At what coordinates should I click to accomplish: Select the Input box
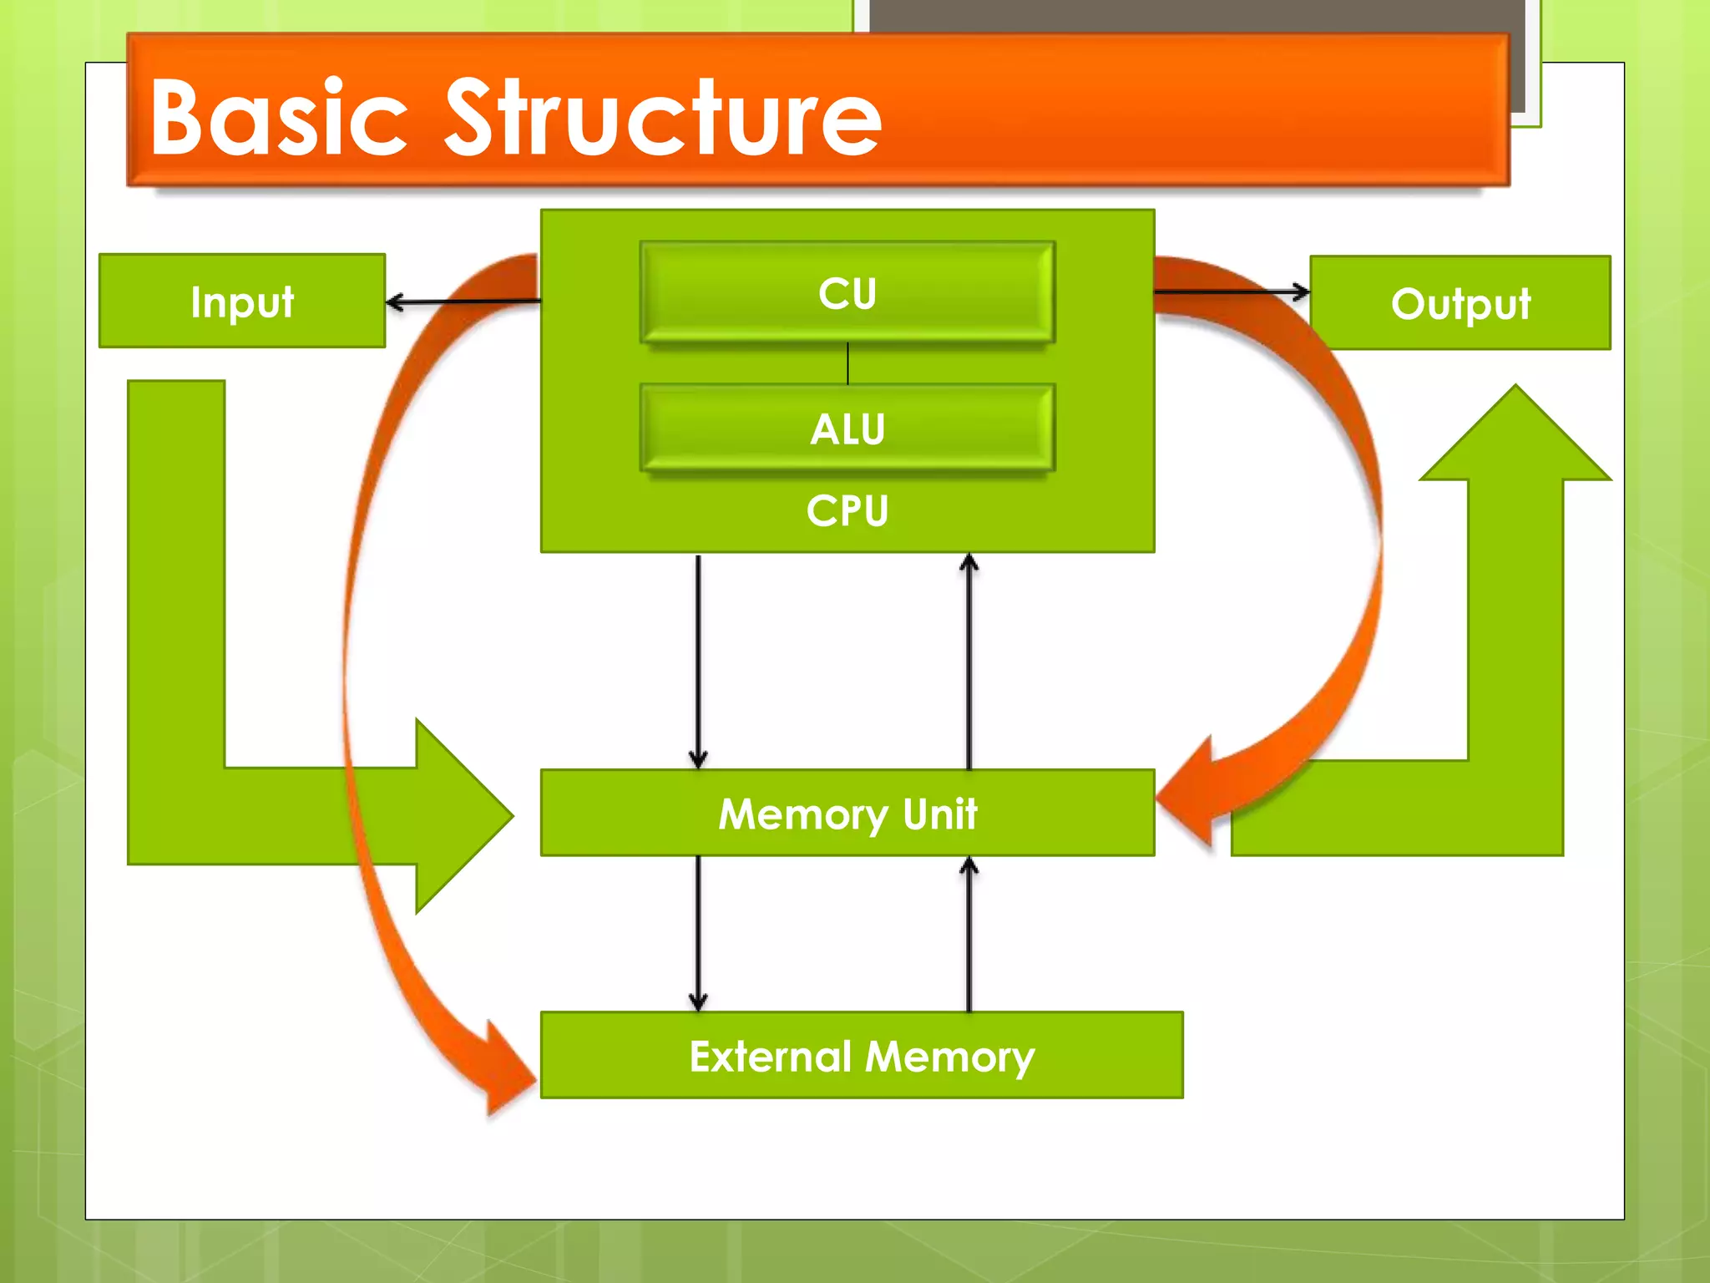(x=242, y=301)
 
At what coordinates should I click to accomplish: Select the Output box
(x=1460, y=302)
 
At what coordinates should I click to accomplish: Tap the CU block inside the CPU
(x=847, y=292)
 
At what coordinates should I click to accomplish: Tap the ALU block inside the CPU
(x=847, y=428)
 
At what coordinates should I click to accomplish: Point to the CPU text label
(x=847, y=510)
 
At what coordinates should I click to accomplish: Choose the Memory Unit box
(x=847, y=813)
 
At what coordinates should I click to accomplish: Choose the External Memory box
(x=862, y=1055)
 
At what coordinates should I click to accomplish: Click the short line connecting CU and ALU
(x=847, y=363)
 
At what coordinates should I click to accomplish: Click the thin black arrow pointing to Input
(x=459, y=302)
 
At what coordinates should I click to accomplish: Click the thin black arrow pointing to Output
(x=1232, y=292)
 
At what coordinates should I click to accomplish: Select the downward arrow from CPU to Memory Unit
(x=698, y=660)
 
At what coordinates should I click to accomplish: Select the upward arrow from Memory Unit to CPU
(x=969, y=660)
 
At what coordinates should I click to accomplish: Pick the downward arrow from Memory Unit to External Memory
(x=698, y=931)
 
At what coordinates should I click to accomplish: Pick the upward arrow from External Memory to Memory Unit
(x=969, y=931)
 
